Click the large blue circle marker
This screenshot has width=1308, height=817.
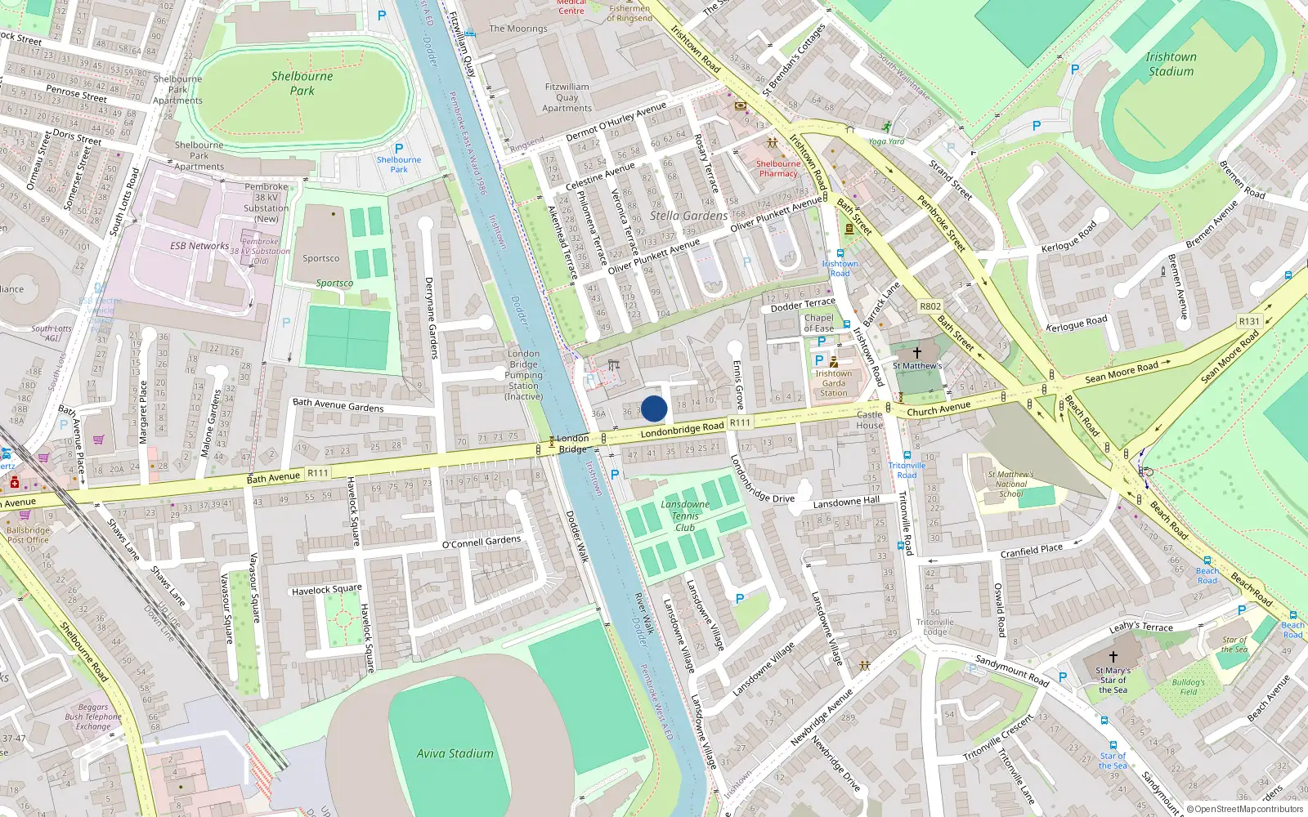(654, 408)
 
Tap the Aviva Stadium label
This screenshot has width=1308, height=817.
(455, 753)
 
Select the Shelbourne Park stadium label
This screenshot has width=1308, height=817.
(302, 83)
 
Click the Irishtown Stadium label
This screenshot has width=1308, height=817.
(1171, 64)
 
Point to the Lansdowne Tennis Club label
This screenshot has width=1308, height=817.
(685, 516)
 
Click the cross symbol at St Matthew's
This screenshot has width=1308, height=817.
(917, 352)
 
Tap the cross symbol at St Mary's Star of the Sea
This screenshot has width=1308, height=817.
(1113, 656)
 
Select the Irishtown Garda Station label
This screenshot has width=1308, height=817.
(833, 383)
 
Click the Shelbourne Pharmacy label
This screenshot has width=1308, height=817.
(777, 168)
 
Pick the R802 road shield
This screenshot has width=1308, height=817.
(930, 306)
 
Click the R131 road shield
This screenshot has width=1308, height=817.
(1249, 321)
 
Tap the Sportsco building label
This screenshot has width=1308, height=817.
(320, 258)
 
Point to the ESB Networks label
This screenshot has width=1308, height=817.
(199, 245)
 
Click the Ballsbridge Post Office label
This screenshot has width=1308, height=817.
(28, 535)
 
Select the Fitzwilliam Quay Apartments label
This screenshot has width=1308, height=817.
(567, 97)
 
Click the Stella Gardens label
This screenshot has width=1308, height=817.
(688, 216)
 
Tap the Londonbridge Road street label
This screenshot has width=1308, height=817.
(682, 428)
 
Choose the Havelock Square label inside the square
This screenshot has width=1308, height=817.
(326, 589)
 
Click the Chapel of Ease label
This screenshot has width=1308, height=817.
(818, 323)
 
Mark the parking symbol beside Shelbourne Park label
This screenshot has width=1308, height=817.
(398, 149)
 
